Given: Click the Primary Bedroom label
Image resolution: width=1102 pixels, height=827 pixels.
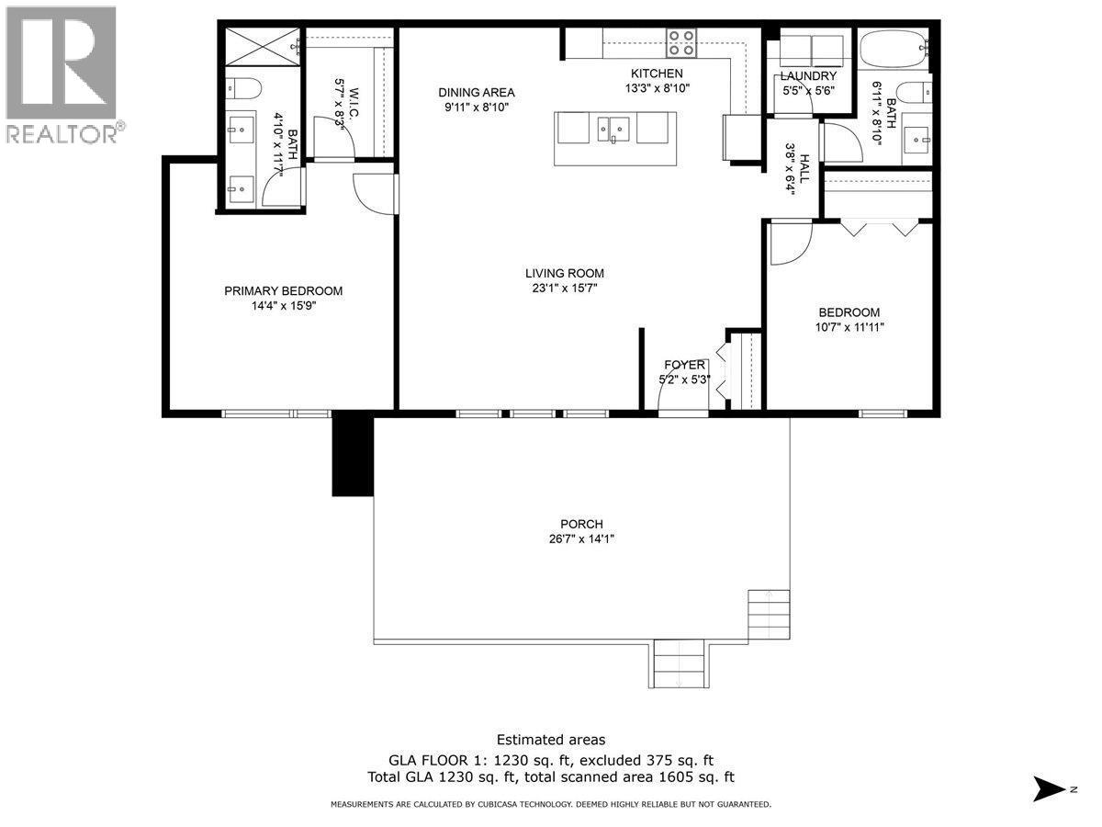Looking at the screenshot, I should tap(283, 291).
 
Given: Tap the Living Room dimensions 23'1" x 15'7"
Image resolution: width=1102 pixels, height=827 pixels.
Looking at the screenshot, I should tap(564, 289).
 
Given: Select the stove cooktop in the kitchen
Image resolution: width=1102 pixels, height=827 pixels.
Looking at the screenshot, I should tap(681, 43).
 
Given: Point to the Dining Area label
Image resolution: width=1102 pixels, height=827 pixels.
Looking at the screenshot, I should tap(476, 92).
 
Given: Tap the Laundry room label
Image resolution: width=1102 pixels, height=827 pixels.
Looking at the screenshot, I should tap(808, 76).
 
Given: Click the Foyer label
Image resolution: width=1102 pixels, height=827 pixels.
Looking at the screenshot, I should tap(684, 365).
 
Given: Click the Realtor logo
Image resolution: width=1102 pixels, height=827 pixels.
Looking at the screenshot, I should tap(62, 74).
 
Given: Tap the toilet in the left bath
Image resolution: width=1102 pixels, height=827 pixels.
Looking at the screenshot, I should tap(245, 89).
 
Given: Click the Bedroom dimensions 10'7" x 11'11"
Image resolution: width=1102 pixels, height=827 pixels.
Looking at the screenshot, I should tap(849, 326).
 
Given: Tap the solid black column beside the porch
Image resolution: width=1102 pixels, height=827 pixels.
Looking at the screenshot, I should tap(352, 456).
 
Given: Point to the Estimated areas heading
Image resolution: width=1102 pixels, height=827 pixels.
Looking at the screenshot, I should tap(550, 740).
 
